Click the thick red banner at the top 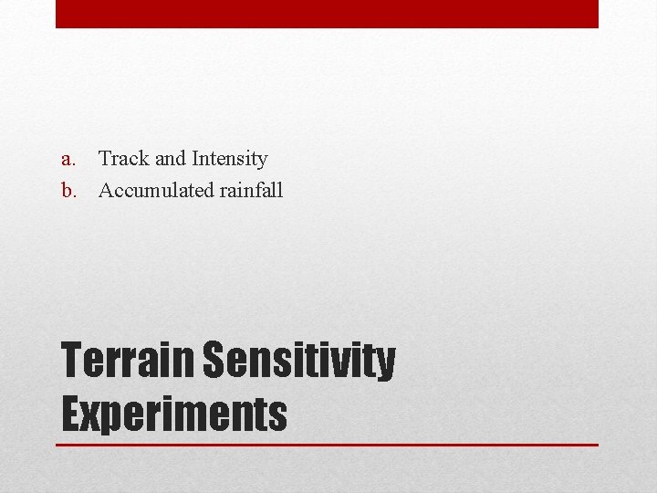tap(327, 14)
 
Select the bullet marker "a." tap(68, 159)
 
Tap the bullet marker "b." tap(68, 191)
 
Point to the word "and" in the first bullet tap(171, 159)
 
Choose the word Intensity tap(229, 159)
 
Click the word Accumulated tap(156, 191)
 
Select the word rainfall tap(251, 191)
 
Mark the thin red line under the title tap(327, 445)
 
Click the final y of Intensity tap(262, 162)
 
